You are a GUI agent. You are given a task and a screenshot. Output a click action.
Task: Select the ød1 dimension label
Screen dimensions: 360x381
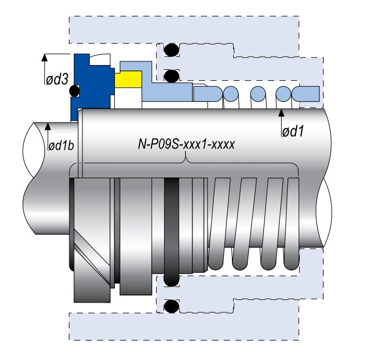coord(292,131)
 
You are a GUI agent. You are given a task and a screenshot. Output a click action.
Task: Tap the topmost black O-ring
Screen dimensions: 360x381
coord(172,50)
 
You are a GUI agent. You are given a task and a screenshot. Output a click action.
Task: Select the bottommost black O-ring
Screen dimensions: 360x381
coord(172,306)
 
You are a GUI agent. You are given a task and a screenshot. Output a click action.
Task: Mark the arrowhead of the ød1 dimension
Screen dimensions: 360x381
coord(281,112)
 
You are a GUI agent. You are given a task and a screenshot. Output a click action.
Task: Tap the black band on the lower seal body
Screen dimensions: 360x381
coord(172,230)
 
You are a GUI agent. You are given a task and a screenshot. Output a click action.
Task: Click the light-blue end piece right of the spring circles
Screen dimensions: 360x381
coord(306,93)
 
